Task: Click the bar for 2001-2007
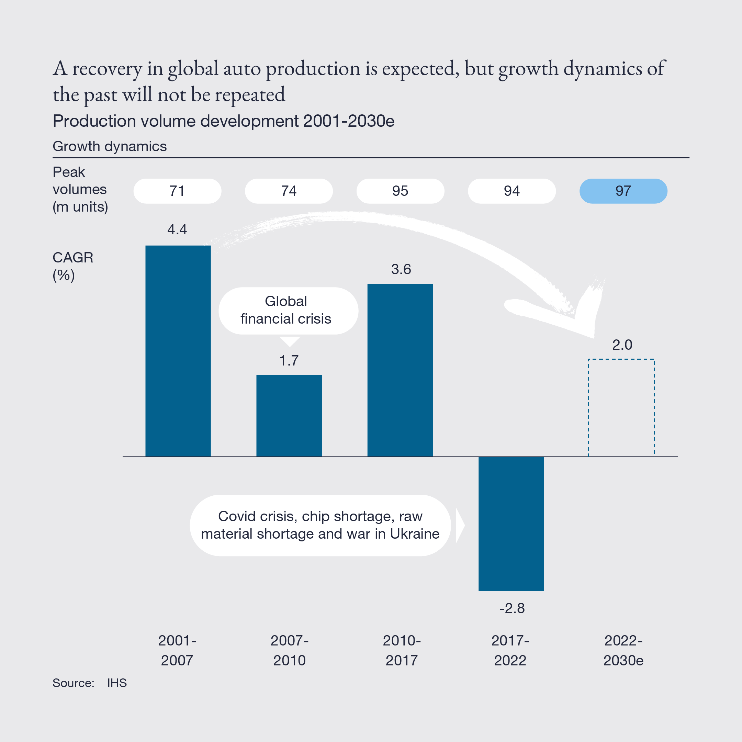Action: click(178, 351)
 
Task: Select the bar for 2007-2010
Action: click(289, 416)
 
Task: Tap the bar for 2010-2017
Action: click(400, 370)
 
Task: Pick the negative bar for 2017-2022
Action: click(511, 523)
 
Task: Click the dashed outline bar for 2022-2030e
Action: click(621, 407)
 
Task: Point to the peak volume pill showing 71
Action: click(177, 191)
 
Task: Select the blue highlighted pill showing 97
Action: click(623, 191)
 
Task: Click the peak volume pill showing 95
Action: click(400, 191)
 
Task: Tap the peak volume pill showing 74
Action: click(289, 191)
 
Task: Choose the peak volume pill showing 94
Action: click(511, 191)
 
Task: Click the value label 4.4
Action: click(177, 229)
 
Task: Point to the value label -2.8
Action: click(511, 608)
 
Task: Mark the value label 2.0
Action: click(622, 345)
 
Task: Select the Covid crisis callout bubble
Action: click(320, 525)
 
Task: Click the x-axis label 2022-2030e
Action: click(623, 650)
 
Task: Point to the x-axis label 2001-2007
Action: click(177, 650)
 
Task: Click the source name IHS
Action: click(117, 683)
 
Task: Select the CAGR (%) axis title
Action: click(72, 266)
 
